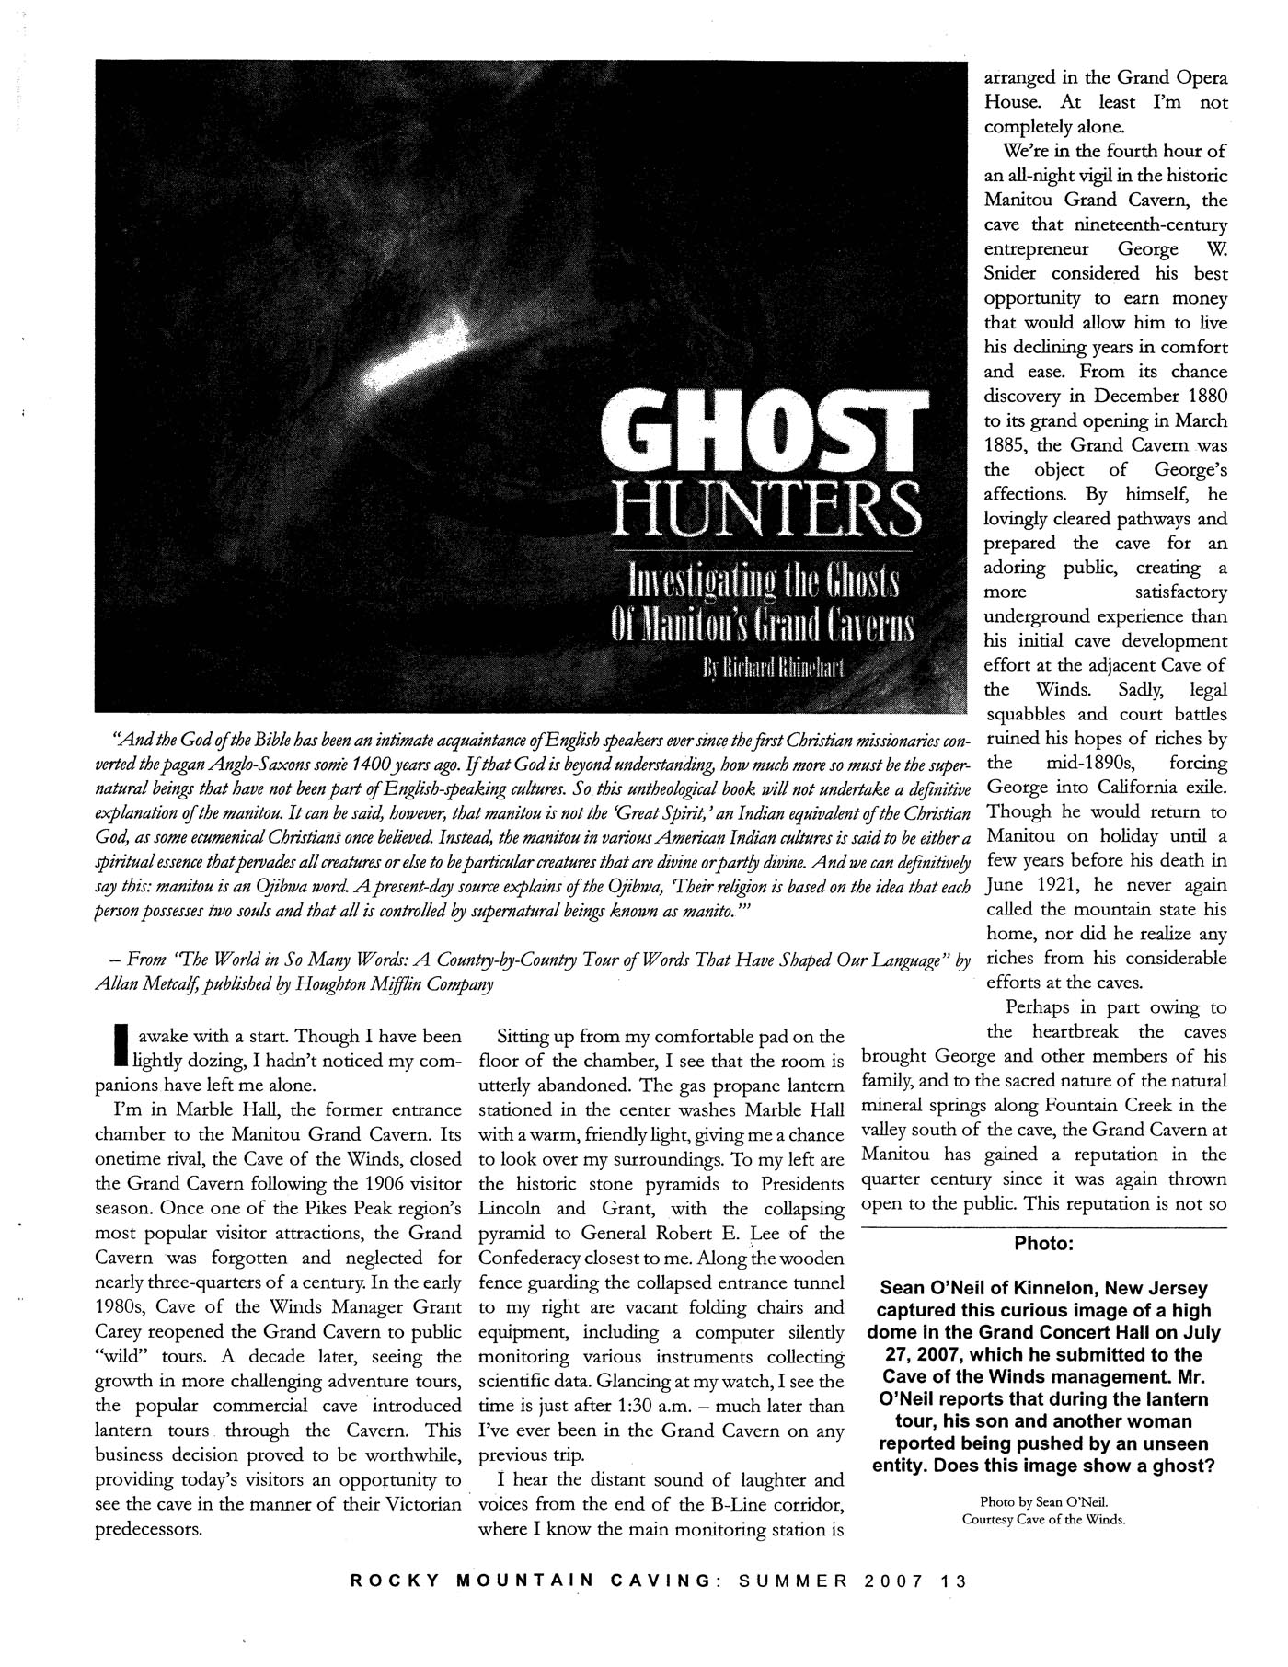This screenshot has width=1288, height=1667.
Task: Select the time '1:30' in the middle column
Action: coord(641,1407)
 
